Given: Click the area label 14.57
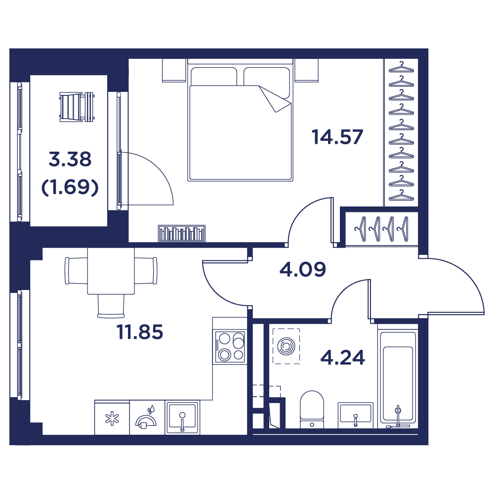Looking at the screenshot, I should point(337,137).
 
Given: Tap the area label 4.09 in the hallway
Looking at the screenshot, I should point(302,269).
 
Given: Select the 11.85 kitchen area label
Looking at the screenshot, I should point(140,332).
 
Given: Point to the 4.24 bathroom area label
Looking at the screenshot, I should point(343,357).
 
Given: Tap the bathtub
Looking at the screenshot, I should point(397,378).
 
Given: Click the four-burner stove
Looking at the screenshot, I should point(230,347).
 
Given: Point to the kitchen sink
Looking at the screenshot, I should point(182,417).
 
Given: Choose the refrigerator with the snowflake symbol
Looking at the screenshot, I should point(112,418).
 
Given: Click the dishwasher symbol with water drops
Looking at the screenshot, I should point(147,418).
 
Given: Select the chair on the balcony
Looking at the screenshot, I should point(77,106).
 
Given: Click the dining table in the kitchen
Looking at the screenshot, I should point(111,271).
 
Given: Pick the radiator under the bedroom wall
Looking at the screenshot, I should point(182,233).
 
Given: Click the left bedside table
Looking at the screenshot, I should point(173,70).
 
